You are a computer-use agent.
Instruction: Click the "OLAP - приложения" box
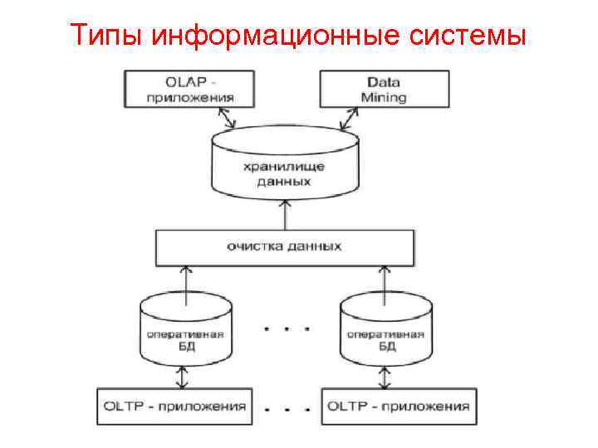point(190,89)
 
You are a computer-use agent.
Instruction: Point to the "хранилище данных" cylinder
point(284,166)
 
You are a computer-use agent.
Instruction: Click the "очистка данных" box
point(284,246)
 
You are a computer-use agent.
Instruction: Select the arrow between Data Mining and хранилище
point(346,119)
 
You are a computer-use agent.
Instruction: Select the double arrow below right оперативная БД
point(384,378)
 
